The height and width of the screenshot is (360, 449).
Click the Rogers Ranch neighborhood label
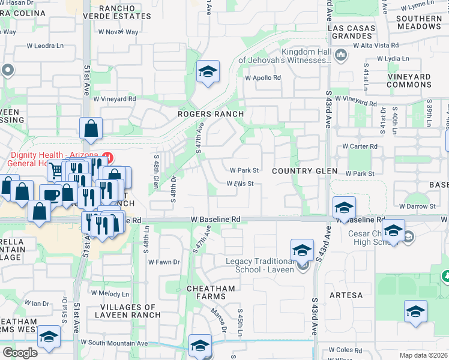tap(211, 114)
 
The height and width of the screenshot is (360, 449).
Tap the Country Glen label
tap(304, 171)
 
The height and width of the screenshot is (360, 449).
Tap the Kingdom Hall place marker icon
tap(341, 56)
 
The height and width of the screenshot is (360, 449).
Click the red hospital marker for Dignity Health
tap(108, 157)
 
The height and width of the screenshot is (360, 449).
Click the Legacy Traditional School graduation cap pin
tap(302, 250)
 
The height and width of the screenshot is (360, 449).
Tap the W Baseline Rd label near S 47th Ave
tap(216, 220)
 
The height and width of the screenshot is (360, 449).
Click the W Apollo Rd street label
tap(263, 78)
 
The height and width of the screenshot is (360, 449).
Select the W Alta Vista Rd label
tap(376, 46)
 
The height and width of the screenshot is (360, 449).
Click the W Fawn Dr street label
tap(163, 262)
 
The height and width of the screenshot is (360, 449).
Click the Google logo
tap(20, 353)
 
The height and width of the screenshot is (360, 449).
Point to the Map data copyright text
tap(423, 355)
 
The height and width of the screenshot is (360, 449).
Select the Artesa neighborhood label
tap(346, 295)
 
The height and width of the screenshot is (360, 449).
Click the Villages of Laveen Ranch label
tap(130, 311)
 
